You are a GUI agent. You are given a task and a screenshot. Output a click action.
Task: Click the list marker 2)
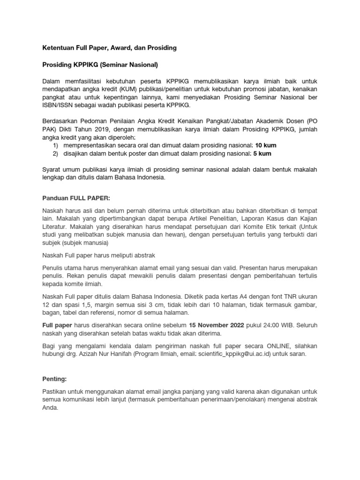(x=55, y=153)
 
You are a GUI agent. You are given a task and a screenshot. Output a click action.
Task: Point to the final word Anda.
(x=50, y=407)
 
